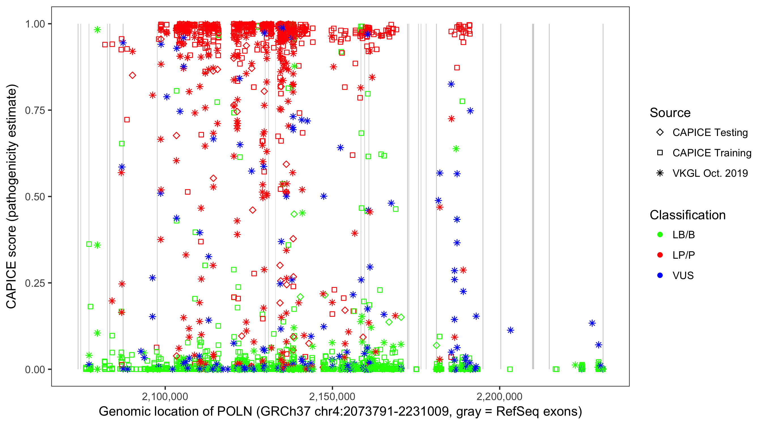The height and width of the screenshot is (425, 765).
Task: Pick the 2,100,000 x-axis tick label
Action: [x=165, y=396]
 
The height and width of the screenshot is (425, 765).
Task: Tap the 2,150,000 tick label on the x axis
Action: [x=332, y=396]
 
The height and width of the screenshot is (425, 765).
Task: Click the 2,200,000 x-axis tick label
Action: [x=500, y=396]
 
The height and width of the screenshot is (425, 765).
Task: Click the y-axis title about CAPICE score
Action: [x=12, y=196]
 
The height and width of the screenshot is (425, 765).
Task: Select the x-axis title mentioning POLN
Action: [x=340, y=412]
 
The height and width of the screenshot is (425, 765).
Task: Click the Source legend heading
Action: [x=670, y=113]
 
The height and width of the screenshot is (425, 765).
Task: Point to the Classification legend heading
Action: [x=687, y=215]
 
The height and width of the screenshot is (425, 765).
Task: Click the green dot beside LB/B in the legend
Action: [x=660, y=235]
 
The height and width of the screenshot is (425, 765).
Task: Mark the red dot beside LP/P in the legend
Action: [x=660, y=255]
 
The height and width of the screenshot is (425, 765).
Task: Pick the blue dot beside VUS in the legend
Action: [x=660, y=275]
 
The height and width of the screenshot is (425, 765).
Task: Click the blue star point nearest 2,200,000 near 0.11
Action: [x=511, y=330]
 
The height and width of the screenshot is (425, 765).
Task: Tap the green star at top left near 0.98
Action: [x=97, y=30]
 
